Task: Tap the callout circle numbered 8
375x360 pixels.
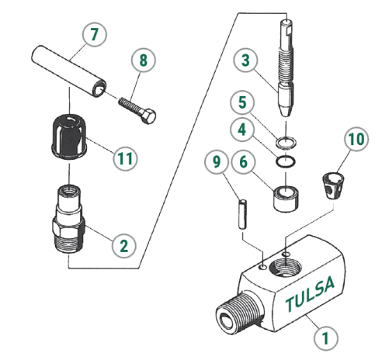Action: click(x=142, y=59)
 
